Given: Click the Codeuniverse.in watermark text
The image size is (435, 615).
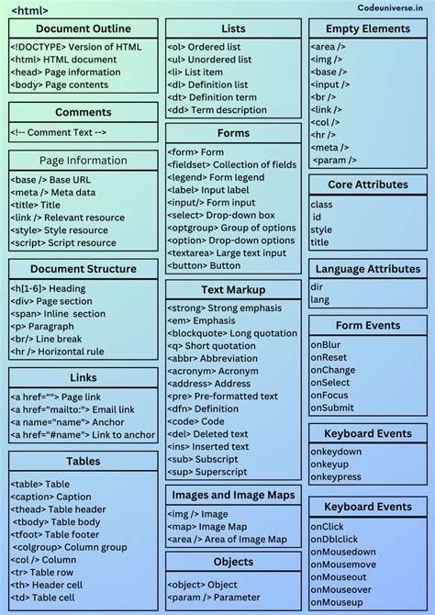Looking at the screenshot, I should [x=389, y=7].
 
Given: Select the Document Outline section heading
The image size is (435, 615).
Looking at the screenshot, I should [x=83, y=28].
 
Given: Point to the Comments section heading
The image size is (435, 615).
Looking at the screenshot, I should [x=83, y=112].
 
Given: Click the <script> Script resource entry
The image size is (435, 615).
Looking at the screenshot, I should [x=63, y=243].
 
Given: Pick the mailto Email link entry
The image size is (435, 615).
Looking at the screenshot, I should [x=72, y=409].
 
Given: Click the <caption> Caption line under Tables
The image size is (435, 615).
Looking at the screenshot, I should [x=51, y=497].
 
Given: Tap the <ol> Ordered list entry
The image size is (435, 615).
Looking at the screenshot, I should [x=206, y=47].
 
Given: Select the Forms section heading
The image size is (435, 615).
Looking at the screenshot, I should [x=233, y=133].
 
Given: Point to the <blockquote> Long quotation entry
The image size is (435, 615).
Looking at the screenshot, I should [x=232, y=333].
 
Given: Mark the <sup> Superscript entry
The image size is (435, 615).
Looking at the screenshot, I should [x=207, y=472].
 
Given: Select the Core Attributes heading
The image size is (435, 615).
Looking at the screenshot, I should [x=368, y=184].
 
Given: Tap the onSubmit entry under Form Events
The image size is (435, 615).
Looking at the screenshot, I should [x=331, y=408].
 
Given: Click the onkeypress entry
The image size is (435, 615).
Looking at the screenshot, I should [x=335, y=477].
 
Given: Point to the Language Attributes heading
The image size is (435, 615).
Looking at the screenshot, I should [x=368, y=269].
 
